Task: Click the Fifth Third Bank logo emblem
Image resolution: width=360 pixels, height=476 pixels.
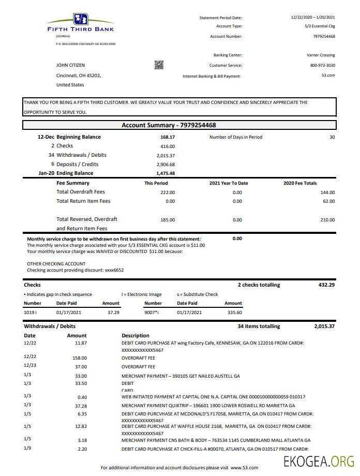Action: tap(81, 19)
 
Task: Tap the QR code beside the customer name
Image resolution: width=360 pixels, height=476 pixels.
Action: tap(159, 65)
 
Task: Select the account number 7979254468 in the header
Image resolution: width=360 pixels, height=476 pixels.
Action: tap(324, 36)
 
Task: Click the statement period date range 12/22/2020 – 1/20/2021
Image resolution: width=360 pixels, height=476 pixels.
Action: tap(313, 18)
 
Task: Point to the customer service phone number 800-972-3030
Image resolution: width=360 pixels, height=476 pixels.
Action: tap(322, 65)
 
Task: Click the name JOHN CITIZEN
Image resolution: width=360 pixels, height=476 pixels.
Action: tap(70, 65)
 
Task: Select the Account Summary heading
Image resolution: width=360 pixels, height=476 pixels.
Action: tap(169, 125)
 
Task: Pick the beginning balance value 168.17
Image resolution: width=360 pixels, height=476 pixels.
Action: tap(168, 137)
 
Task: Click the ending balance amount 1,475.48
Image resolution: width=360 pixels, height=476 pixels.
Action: tap(166, 173)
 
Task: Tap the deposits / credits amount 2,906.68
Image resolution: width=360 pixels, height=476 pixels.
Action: tap(166, 165)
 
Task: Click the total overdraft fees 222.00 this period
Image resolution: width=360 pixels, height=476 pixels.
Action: tap(168, 192)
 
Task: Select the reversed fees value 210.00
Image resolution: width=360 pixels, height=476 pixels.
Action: tap(328, 219)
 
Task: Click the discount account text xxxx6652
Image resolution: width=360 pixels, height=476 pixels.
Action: tap(114, 270)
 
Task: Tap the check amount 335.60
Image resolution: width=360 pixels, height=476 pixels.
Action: tap(234, 313)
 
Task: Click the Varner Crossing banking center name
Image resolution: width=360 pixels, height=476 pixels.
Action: tap(321, 55)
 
